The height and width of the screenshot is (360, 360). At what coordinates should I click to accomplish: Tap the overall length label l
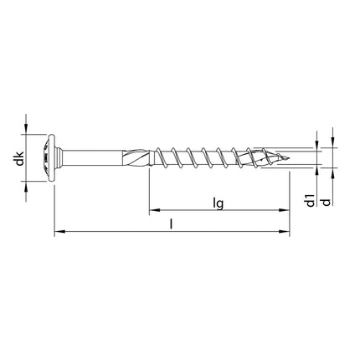click(172, 224)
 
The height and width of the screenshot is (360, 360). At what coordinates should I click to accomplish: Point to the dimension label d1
click(310, 201)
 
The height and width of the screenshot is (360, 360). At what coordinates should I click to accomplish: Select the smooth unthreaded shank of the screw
click(92, 157)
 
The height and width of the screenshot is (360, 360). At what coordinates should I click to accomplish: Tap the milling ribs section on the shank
click(134, 157)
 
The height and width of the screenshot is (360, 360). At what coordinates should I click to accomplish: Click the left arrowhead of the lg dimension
click(153, 210)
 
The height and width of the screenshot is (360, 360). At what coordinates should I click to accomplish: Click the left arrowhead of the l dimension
click(56, 233)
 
